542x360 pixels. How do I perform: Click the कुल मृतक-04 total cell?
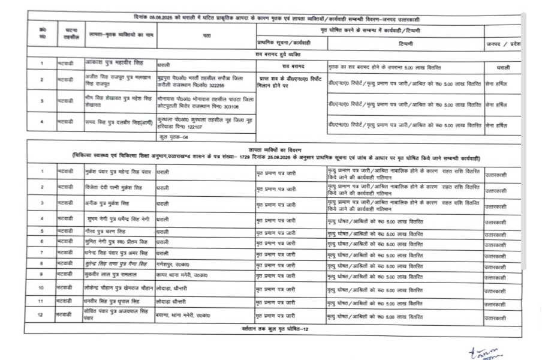point(173,137)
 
